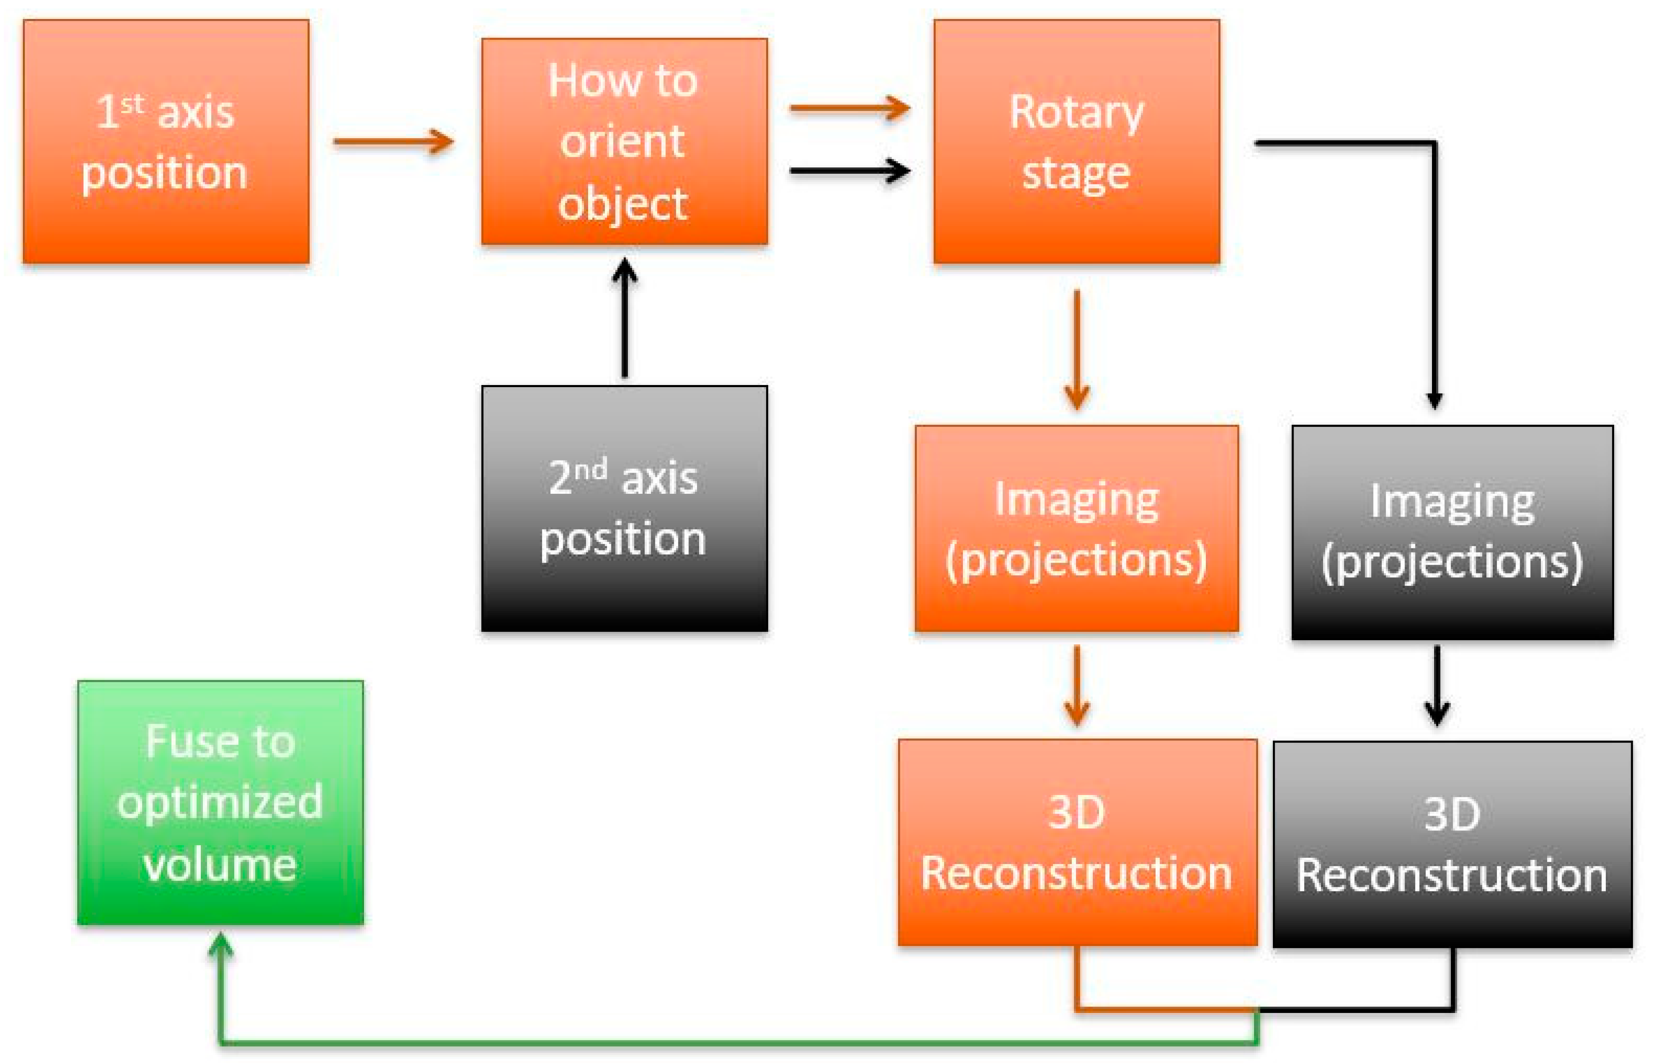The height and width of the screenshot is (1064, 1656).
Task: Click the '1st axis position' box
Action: [x=166, y=142]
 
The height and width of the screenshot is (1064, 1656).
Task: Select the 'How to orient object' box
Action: [x=624, y=142]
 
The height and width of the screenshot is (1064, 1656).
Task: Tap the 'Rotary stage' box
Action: [x=1076, y=142]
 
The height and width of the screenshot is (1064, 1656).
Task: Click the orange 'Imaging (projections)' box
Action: [x=1076, y=528]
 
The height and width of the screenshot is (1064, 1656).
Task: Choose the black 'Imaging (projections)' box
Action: [x=1452, y=532]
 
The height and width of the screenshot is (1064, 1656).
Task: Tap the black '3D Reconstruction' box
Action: [x=1452, y=844]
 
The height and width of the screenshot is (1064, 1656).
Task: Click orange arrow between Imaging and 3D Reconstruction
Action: [x=1077, y=684]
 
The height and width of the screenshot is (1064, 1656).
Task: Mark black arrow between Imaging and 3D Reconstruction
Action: [x=1437, y=684]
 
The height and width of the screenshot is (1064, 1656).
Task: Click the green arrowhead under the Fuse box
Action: [x=221, y=945]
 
